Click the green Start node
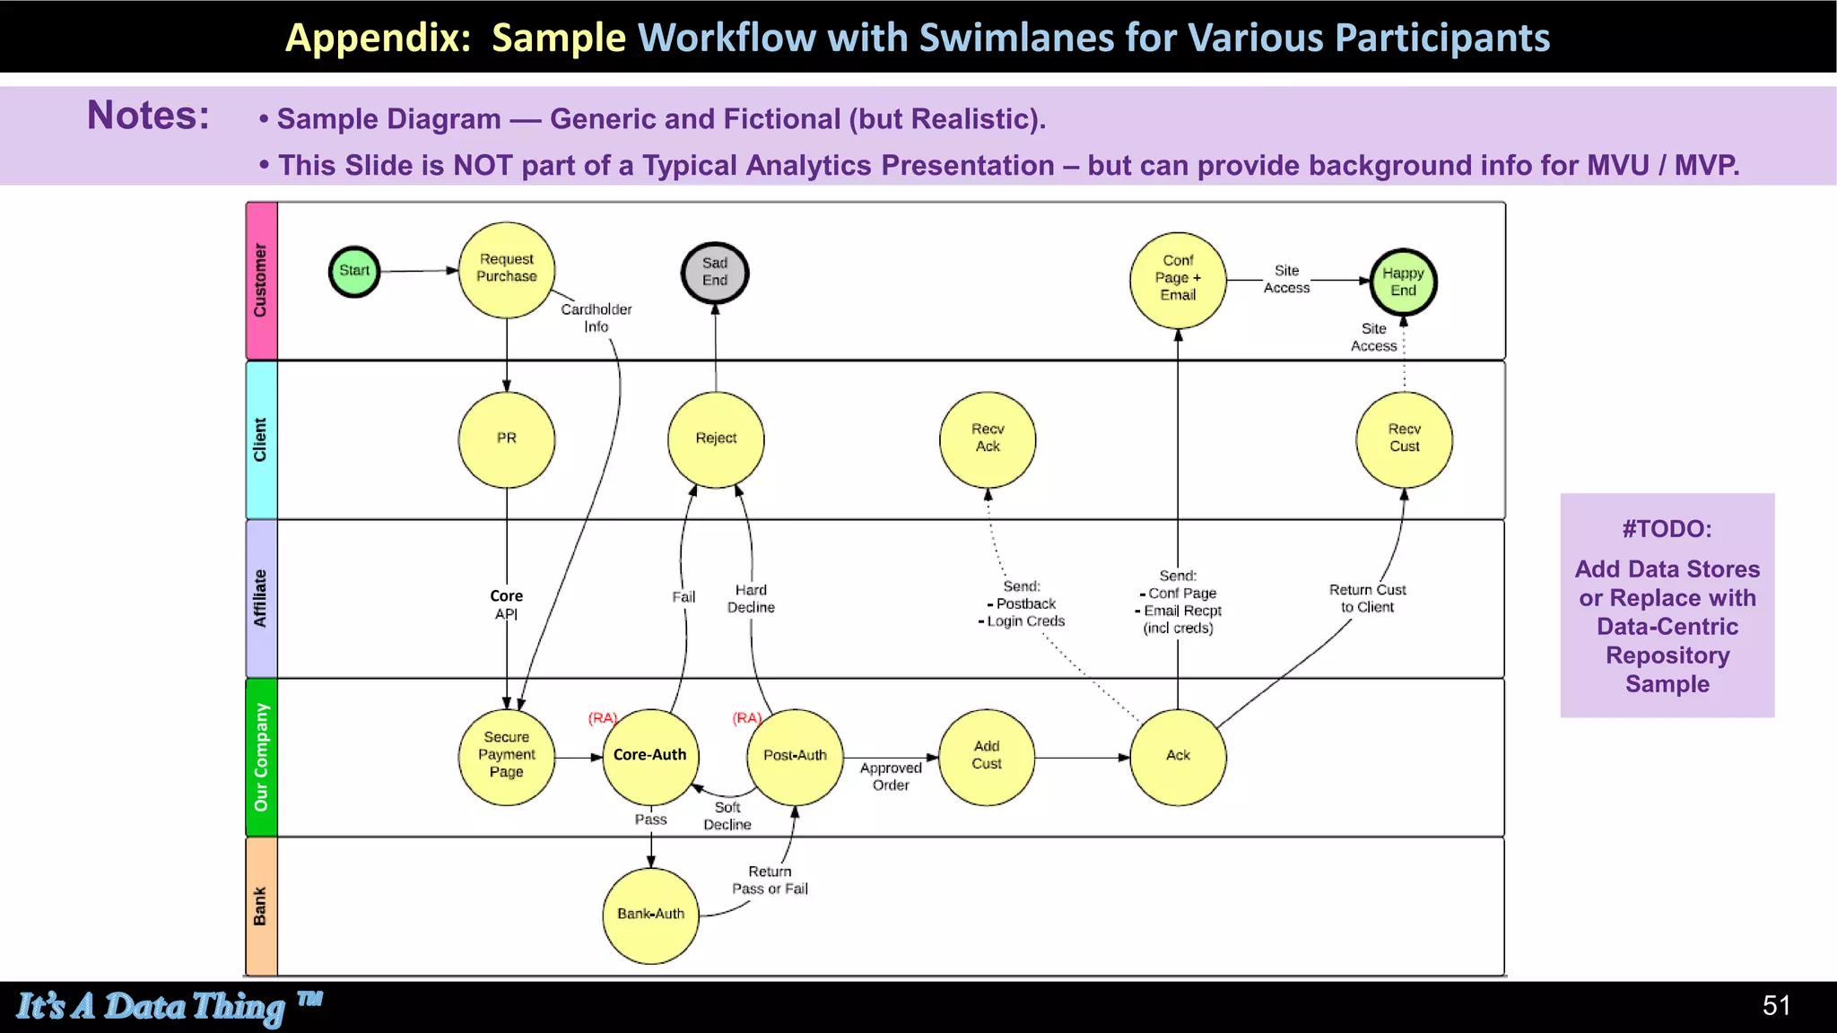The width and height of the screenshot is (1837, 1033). click(354, 271)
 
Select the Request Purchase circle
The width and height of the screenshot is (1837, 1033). click(507, 269)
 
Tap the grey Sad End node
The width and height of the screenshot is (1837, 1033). click(715, 273)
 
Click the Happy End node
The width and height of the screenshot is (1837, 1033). click(1404, 282)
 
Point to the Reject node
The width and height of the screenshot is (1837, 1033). click(716, 438)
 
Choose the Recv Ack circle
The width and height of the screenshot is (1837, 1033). click(988, 438)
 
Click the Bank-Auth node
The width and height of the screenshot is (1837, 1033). click(650, 915)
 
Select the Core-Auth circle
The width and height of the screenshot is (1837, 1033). click(650, 756)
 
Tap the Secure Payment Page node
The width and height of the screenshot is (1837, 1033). click(507, 756)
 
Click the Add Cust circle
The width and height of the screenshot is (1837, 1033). click(987, 756)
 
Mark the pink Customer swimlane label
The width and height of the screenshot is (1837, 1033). click(261, 281)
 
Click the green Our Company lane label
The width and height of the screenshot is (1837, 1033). click(261, 758)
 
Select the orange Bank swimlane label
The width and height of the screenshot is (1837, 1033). click(261, 907)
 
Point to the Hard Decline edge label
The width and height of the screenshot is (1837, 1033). click(751, 599)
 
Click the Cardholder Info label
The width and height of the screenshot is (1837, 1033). click(596, 318)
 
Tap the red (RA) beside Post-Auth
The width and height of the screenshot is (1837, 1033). click(746, 718)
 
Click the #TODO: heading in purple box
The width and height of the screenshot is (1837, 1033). click(1667, 529)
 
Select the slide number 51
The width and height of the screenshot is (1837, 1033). click(1776, 1006)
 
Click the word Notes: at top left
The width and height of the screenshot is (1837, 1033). click(148, 116)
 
